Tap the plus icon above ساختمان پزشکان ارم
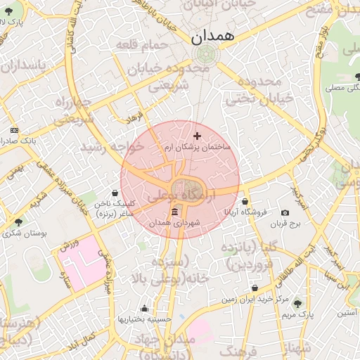click(197, 136)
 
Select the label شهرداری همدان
click(176, 222)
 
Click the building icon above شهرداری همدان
click(175, 212)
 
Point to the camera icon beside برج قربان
click(285, 212)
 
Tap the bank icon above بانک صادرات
click(15, 131)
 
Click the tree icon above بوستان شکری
click(18, 222)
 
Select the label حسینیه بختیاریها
click(144, 319)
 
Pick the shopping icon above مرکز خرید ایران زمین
click(255, 288)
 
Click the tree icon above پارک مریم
click(297, 304)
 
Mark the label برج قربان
click(286, 224)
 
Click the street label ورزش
click(66, 245)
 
